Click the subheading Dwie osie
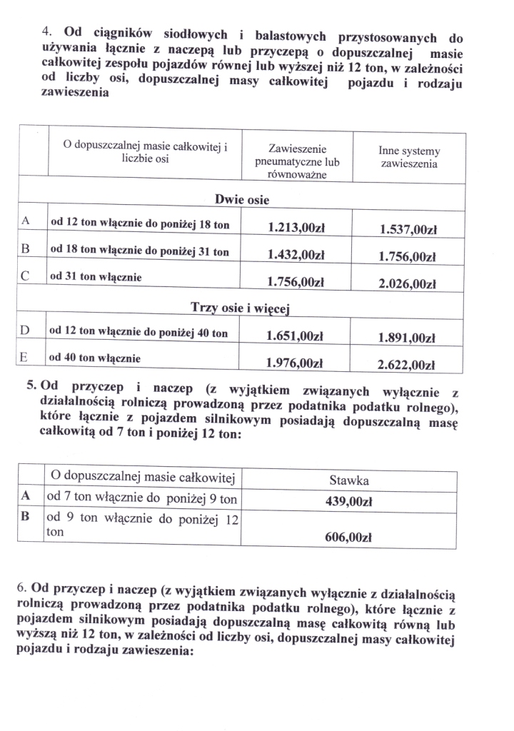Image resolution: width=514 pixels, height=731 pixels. pos(241,200)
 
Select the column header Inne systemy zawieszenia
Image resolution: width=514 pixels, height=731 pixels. pos(409,158)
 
